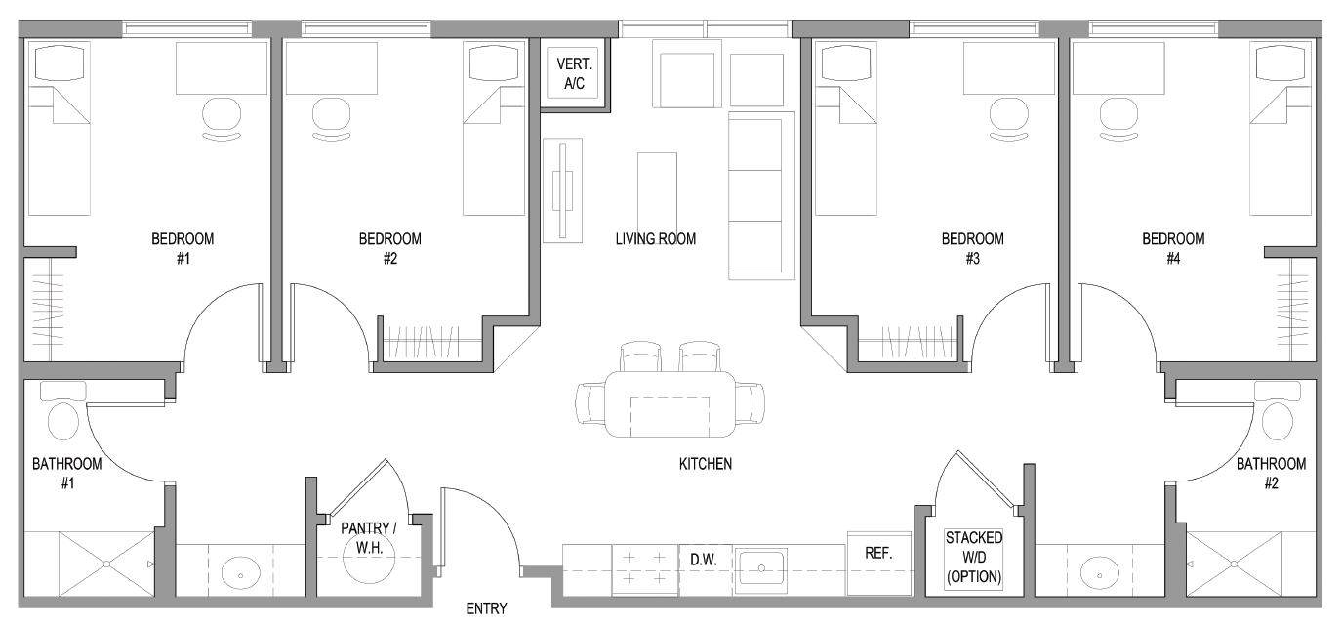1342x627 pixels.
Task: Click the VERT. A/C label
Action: pos(575,74)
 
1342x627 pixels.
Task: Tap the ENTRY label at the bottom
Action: pos(486,609)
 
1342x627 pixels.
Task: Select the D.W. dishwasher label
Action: pos(704,560)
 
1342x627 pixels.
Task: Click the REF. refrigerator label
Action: pos(878,553)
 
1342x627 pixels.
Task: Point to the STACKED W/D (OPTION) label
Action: pos(973,558)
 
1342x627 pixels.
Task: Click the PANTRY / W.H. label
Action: pos(368,537)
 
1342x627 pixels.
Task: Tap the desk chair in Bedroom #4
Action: pos(1118,118)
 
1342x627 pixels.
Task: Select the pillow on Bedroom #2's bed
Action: pos(489,63)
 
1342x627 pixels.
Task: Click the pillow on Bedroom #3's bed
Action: pos(839,63)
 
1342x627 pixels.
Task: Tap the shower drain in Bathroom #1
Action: pos(105,564)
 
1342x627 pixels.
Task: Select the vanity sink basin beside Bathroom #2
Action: pos(1103,571)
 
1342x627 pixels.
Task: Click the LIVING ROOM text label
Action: pos(655,238)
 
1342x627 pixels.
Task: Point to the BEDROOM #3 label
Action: pos(971,248)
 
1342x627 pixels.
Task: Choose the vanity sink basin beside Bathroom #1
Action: pos(238,572)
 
